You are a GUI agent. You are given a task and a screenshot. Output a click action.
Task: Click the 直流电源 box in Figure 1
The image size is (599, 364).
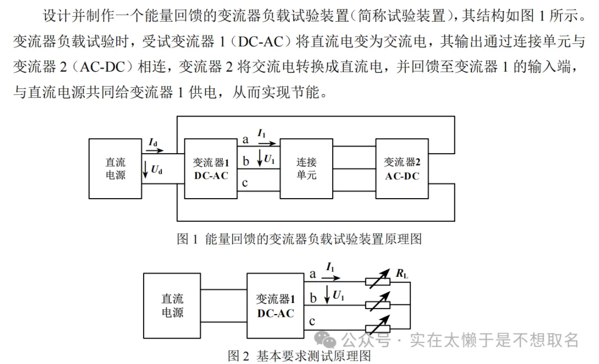coord(115,169)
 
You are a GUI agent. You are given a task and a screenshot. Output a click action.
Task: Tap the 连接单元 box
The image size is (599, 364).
coord(306,169)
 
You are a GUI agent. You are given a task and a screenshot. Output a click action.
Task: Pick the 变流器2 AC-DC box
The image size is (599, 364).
coord(402,169)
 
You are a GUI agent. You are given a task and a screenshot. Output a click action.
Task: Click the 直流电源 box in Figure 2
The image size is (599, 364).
coord(172,306)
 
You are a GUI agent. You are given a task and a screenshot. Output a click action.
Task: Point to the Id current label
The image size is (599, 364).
coord(153,143)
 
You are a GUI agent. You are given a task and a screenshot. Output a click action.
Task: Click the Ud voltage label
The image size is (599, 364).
coord(156,170)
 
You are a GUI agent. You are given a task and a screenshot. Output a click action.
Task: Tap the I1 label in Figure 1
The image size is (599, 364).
coord(262,133)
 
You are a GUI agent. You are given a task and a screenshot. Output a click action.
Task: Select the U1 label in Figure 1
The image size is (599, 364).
coord(269,159)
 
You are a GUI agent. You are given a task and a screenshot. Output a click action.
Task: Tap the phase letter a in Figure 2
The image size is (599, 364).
coord(312,274)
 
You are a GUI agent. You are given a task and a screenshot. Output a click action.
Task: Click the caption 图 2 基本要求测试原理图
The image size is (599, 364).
coord(299,355)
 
